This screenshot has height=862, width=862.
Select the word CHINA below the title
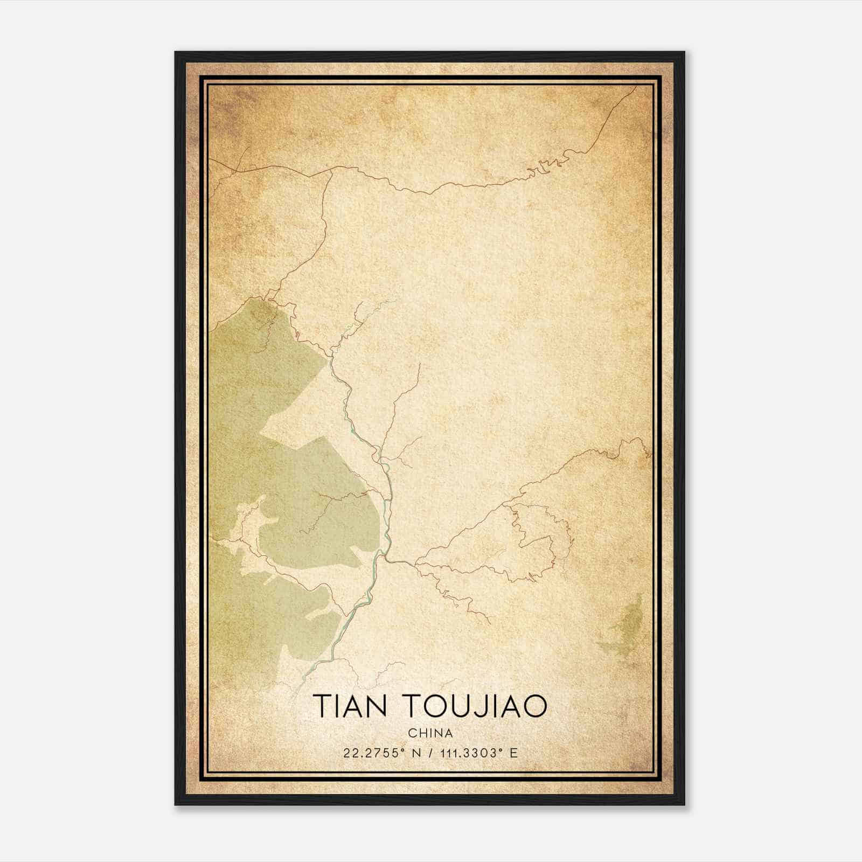(430, 733)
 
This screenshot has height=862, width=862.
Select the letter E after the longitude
(514, 753)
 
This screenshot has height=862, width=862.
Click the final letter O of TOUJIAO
(535, 706)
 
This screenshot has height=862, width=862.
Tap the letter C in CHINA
(412, 733)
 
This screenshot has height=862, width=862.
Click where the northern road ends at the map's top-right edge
(636, 87)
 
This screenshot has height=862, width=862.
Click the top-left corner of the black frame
(176, 52)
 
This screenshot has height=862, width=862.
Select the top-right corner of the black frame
(684, 52)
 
